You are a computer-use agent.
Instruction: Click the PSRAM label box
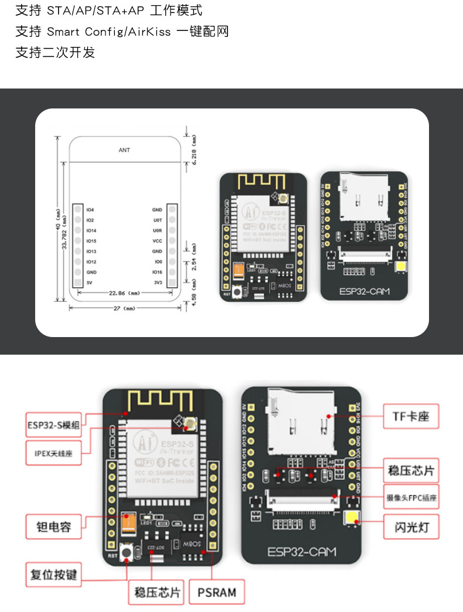tap(217, 592)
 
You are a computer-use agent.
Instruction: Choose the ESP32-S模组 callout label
tap(53, 424)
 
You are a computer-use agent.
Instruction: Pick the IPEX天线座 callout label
tap(53, 453)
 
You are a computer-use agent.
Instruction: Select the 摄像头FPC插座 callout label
tap(411, 498)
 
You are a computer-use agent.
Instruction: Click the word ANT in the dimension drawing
tap(124, 150)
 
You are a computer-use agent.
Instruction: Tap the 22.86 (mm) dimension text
tap(123, 292)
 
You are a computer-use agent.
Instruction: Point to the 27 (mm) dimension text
tap(124, 307)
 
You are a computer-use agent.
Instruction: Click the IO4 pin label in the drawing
tap(90, 210)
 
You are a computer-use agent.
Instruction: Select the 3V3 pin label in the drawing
tap(157, 283)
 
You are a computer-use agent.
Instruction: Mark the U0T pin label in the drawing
tap(157, 220)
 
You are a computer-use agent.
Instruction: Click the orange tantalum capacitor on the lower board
tap(127, 523)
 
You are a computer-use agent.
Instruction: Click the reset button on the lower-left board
tap(125, 553)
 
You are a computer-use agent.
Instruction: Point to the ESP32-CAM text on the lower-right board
tap(301, 552)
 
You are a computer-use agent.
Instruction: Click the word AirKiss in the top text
tap(149, 32)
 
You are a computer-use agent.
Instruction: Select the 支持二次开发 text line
tap(55, 53)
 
